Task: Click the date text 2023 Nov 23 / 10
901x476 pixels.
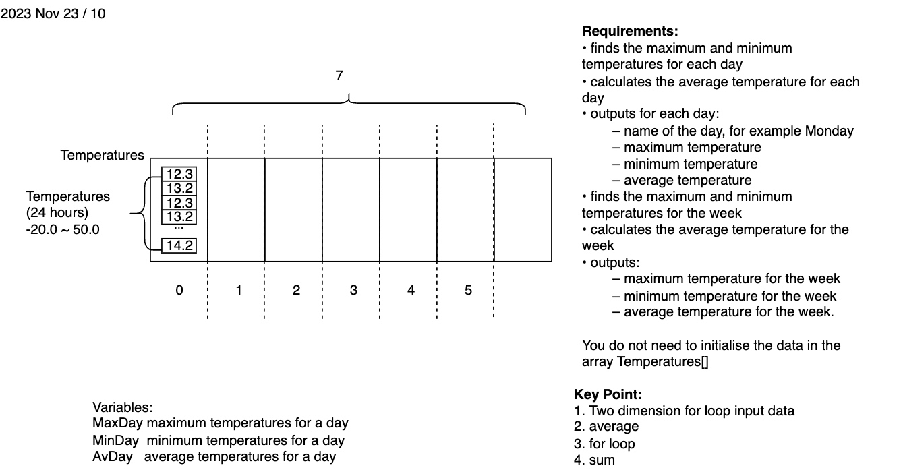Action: tap(53, 13)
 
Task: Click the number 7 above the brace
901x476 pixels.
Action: tap(339, 76)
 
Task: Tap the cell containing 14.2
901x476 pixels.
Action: tap(180, 245)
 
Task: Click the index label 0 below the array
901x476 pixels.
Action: tap(179, 291)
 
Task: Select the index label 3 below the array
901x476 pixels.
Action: tap(353, 291)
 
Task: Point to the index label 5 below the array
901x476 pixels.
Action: tap(468, 291)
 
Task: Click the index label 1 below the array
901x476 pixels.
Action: tap(239, 291)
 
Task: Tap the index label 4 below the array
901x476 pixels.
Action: tap(411, 291)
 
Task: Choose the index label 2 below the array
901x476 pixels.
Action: tap(296, 291)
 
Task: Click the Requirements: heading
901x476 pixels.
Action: tap(629, 32)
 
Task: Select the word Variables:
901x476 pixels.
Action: tap(123, 407)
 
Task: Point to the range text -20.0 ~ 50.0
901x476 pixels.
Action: tap(63, 229)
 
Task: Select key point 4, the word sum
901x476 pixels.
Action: tap(602, 460)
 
